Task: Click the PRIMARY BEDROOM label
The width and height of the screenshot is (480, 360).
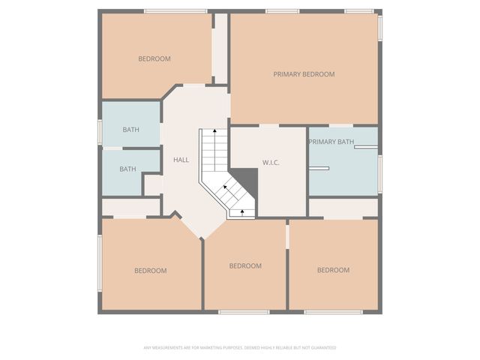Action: pyautogui.click(x=304, y=74)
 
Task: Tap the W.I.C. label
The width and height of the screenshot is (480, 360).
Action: pyautogui.click(x=271, y=163)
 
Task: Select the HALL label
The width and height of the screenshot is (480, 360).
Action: pyautogui.click(x=181, y=160)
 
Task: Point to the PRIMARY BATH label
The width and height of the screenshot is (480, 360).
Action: pyautogui.click(x=331, y=142)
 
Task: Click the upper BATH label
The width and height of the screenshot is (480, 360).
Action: pyautogui.click(x=131, y=130)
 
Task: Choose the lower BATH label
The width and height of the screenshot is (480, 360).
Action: pyautogui.click(x=127, y=169)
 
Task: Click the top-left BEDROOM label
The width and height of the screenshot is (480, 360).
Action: pyautogui.click(x=154, y=58)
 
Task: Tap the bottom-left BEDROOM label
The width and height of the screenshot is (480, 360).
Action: pyautogui.click(x=151, y=271)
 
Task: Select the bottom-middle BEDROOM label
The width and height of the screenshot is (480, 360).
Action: pyautogui.click(x=245, y=265)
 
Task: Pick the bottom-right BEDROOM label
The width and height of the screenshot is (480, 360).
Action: pyautogui.click(x=333, y=270)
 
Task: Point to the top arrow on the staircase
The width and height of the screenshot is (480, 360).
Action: pyautogui.click(x=215, y=150)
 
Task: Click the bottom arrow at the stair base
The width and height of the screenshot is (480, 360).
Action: pyautogui.click(x=242, y=213)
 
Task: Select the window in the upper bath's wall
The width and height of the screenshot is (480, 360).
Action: pyautogui.click(x=100, y=132)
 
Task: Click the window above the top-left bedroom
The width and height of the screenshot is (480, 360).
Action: pyautogui.click(x=175, y=11)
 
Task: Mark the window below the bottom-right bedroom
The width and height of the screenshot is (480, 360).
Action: pyautogui.click(x=333, y=312)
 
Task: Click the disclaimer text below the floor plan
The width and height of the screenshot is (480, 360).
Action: pyautogui.click(x=240, y=348)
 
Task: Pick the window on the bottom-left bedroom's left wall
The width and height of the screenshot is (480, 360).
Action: pyautogui.click(x=100, y=263)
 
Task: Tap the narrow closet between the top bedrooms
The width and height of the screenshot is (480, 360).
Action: pyautogui.click(x=220, y=48)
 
